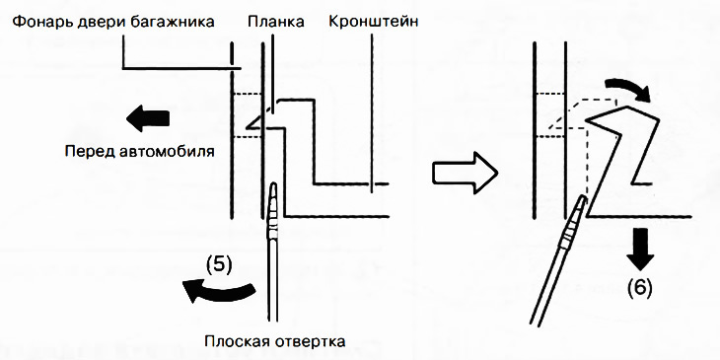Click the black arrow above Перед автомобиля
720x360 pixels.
[148, 119]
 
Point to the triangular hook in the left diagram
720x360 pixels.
[258, 124]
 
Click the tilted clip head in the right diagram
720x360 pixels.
[616, 123]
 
